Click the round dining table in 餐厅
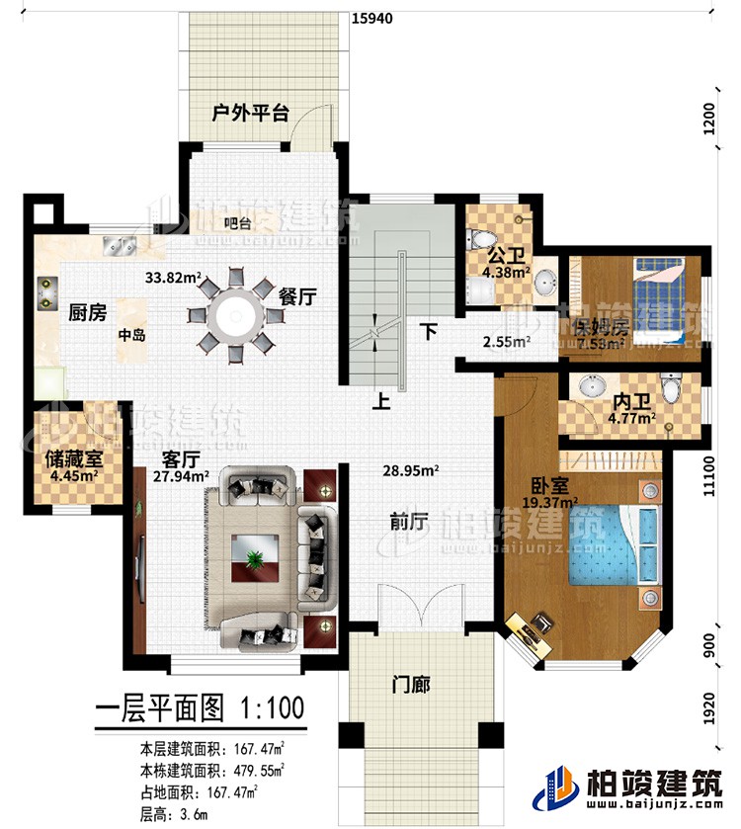point(235,315)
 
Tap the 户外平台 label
point(251,114)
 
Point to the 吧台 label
point(236,222)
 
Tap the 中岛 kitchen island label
point(131,335)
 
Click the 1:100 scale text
point(269,708)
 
